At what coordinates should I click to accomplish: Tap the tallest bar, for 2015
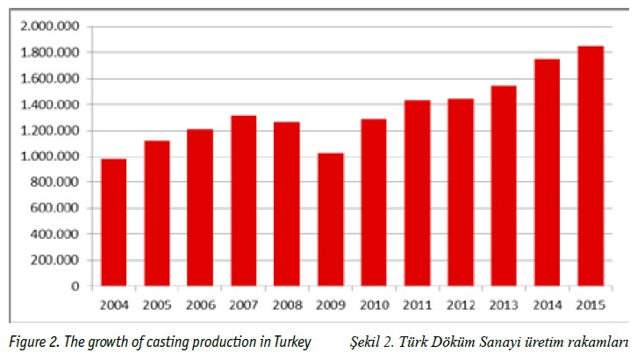(590, 166)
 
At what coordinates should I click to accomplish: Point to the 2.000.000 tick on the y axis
(54, 26)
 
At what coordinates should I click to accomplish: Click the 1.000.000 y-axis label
(54, 156)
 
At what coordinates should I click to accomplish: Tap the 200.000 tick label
(59, 260)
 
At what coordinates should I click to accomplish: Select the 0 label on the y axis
(76, 286)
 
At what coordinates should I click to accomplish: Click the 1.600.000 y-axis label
(54, 78)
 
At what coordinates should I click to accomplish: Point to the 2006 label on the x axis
(201, 304)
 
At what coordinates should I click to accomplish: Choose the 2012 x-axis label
(461, 304)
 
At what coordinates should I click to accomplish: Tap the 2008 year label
(288, 304)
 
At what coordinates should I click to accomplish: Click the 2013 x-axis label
(504, 304)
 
